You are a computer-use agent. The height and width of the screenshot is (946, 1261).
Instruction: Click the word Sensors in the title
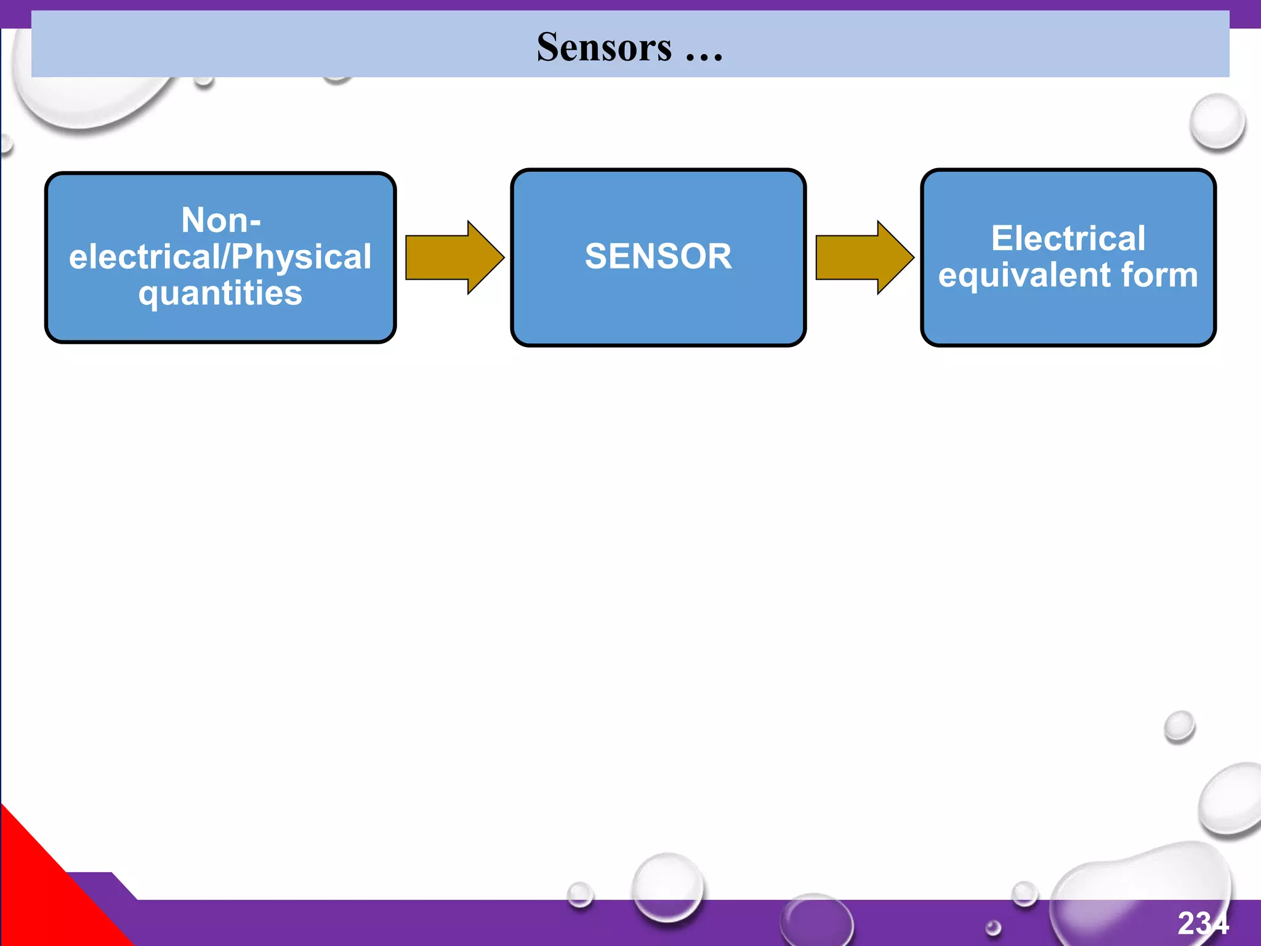point(604,47)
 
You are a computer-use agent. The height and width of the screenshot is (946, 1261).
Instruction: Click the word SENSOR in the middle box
point(658,256)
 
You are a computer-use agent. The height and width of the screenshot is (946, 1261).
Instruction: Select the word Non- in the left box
point(221,220)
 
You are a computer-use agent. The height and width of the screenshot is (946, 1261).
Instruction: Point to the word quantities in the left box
point(220,293)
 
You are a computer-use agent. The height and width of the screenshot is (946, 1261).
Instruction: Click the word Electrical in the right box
point(1068,238)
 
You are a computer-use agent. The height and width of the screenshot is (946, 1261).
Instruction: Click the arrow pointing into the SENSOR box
point(454,257)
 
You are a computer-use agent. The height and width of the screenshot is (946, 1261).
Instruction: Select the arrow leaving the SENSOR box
point(864,257)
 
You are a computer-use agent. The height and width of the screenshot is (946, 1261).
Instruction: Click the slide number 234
point(1203,923)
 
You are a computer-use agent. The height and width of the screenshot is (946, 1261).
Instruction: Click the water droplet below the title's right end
point(1217,121)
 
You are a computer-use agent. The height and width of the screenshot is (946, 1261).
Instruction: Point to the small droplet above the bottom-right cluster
point(1179,726)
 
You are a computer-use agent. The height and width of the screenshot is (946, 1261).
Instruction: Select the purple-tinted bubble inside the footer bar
point(816,921)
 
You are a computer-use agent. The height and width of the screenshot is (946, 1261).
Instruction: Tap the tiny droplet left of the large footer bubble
point(579,894)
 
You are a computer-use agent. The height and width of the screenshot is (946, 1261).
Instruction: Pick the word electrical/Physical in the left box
point(220,257)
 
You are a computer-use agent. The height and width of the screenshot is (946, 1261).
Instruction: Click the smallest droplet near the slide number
point(993,928)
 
